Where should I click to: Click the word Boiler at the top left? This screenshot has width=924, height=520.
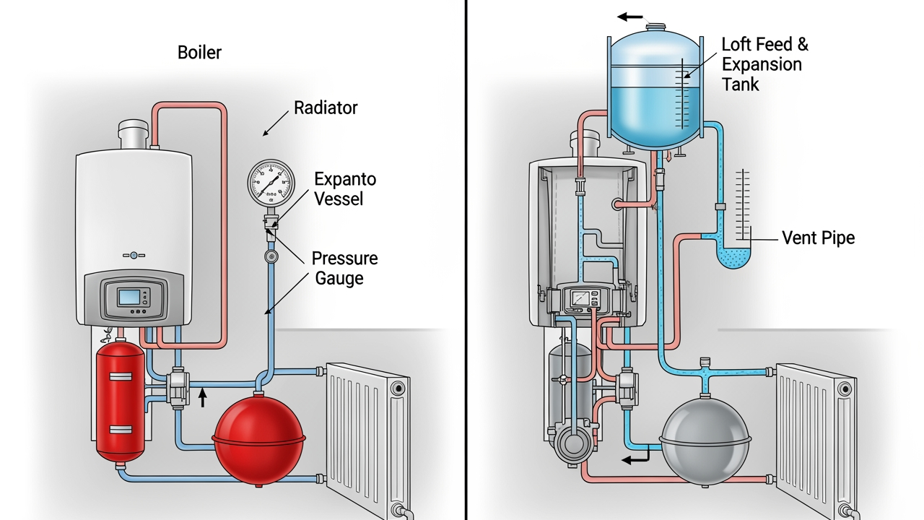199,53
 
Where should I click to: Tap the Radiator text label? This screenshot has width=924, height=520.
326,108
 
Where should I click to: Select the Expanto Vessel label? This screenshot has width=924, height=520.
344,188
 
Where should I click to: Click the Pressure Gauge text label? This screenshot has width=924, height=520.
344,268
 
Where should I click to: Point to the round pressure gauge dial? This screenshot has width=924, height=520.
271,184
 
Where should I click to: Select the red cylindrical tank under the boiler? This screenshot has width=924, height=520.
121,401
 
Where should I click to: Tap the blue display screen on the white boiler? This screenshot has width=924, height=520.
130,297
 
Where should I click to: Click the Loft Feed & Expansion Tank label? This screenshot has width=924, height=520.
764,64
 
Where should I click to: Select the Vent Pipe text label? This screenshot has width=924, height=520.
818,238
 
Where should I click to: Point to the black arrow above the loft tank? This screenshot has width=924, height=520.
629,17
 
